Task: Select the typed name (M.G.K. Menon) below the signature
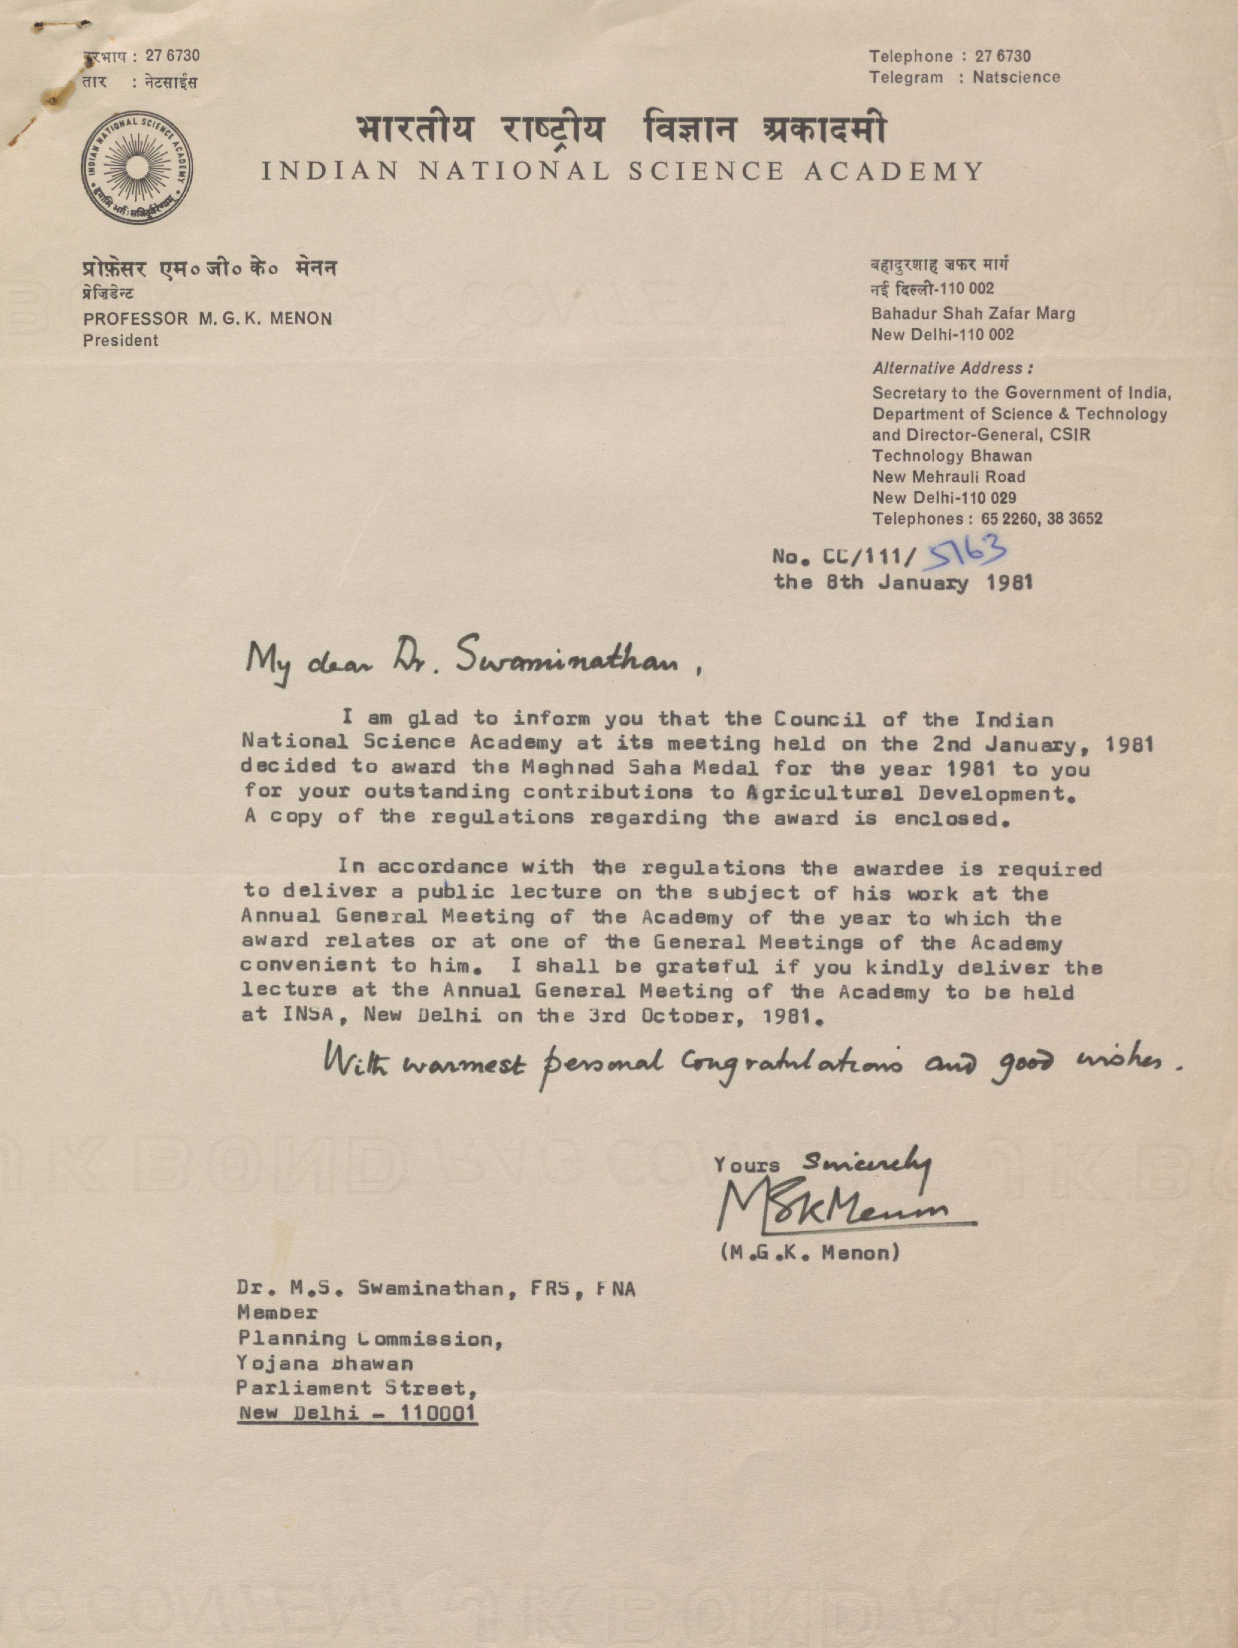coord(810,1253)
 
